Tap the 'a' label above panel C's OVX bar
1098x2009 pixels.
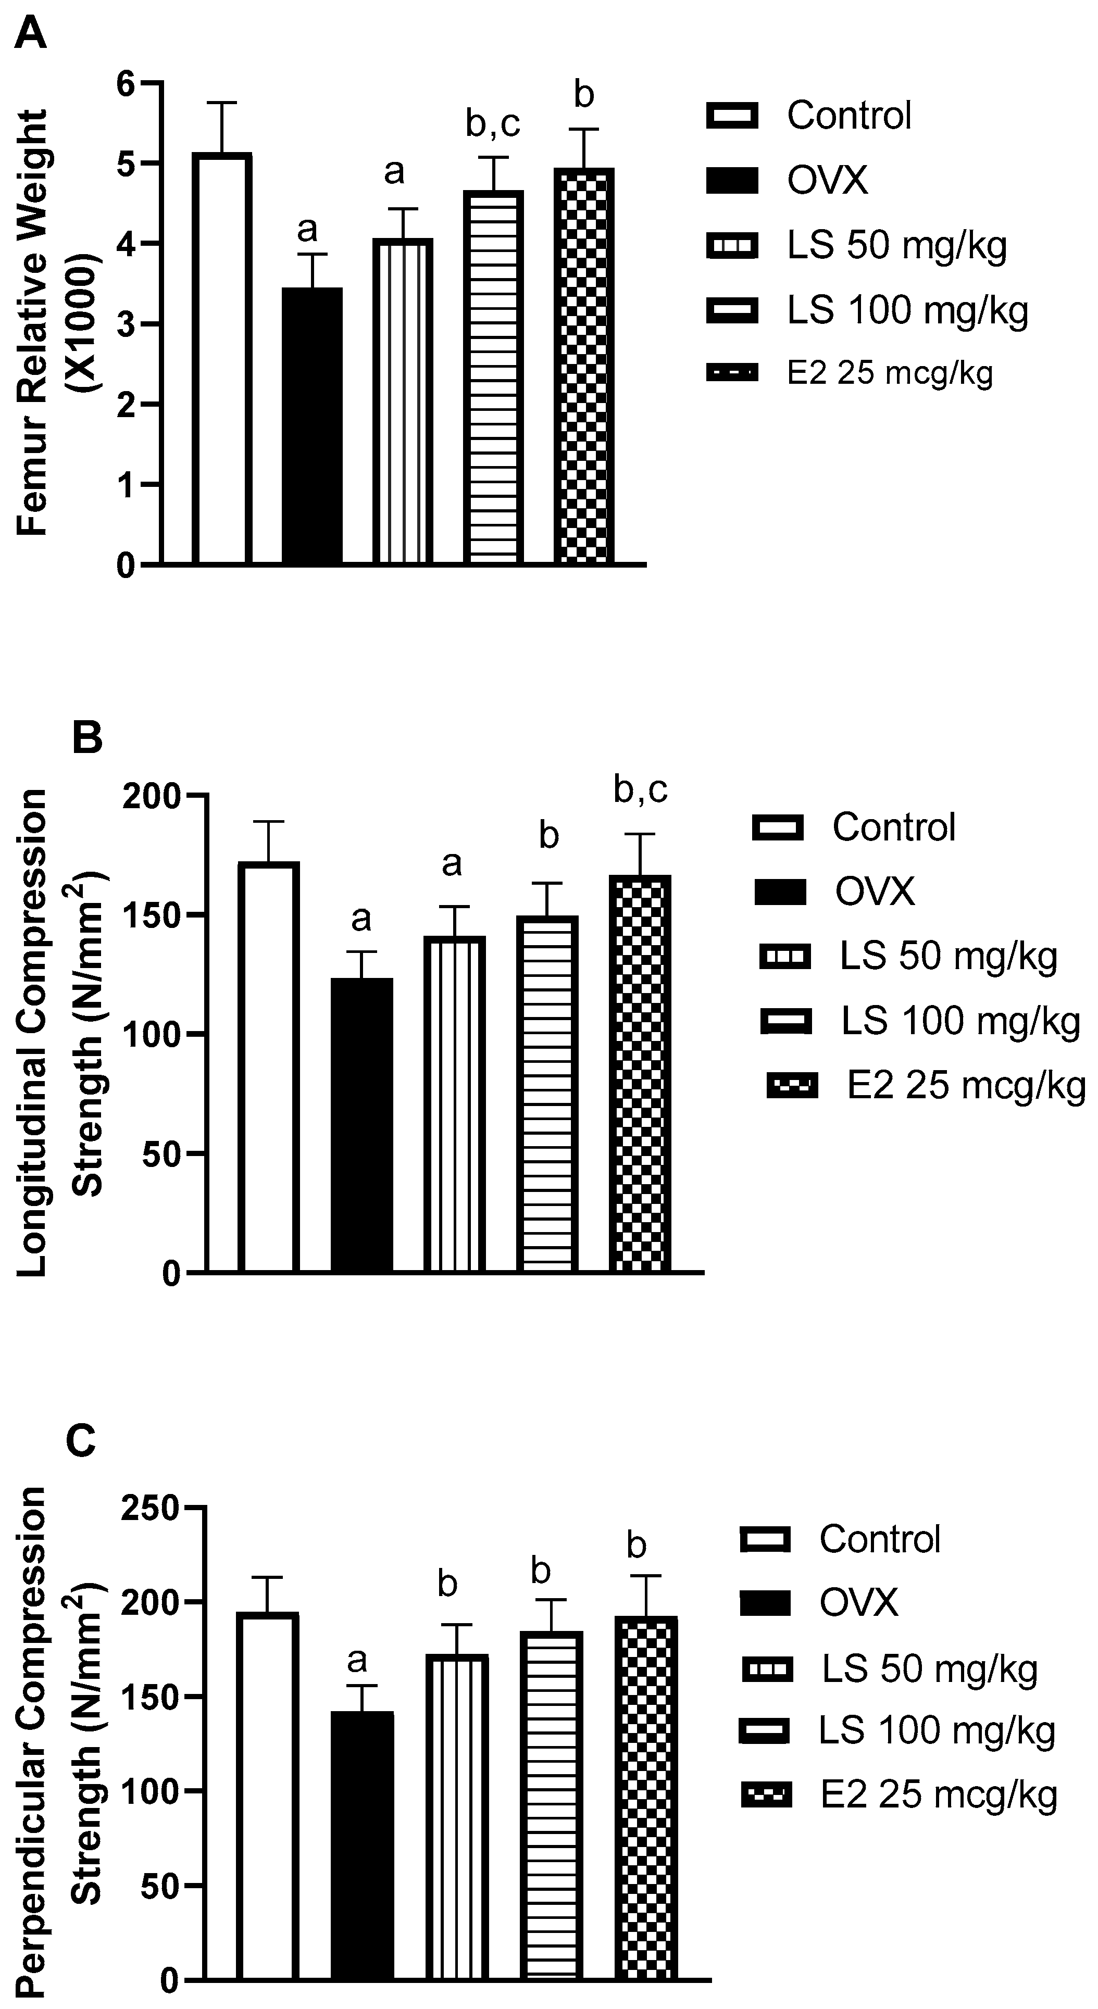coord(357,1661)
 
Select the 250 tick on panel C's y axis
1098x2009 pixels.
coord(151,1510)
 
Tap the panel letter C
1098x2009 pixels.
coord(80,1441)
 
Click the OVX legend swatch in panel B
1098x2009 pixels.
coord(780,892)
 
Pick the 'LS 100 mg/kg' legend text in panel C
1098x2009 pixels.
coord(937,1730)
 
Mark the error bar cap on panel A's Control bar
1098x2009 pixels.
coord(222,103)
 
